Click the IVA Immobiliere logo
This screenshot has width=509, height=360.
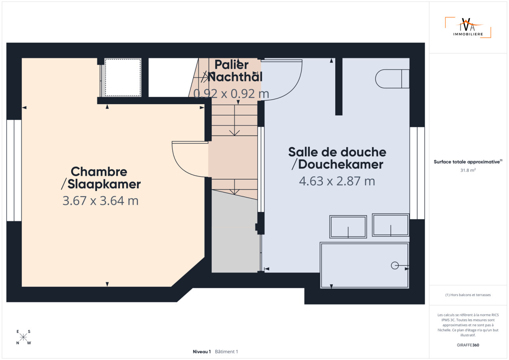468,27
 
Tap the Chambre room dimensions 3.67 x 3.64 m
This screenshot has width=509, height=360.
101,201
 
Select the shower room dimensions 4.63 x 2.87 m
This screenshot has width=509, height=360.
337,181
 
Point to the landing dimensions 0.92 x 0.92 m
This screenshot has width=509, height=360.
231,94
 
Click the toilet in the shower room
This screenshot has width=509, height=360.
392,79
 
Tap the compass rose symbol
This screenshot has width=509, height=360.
23,337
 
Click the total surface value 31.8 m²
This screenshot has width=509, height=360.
468,170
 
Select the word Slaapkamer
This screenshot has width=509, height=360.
104,184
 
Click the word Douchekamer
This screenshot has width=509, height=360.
341,165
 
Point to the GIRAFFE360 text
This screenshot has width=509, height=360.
468,345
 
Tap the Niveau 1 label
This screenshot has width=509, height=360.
202,352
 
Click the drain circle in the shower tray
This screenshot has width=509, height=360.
395,265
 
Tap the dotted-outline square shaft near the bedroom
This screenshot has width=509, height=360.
123,77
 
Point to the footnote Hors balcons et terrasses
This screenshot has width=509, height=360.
468,295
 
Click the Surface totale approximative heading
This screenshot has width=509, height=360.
468,162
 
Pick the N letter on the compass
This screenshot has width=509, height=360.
18,343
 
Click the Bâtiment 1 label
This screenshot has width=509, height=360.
226,352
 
